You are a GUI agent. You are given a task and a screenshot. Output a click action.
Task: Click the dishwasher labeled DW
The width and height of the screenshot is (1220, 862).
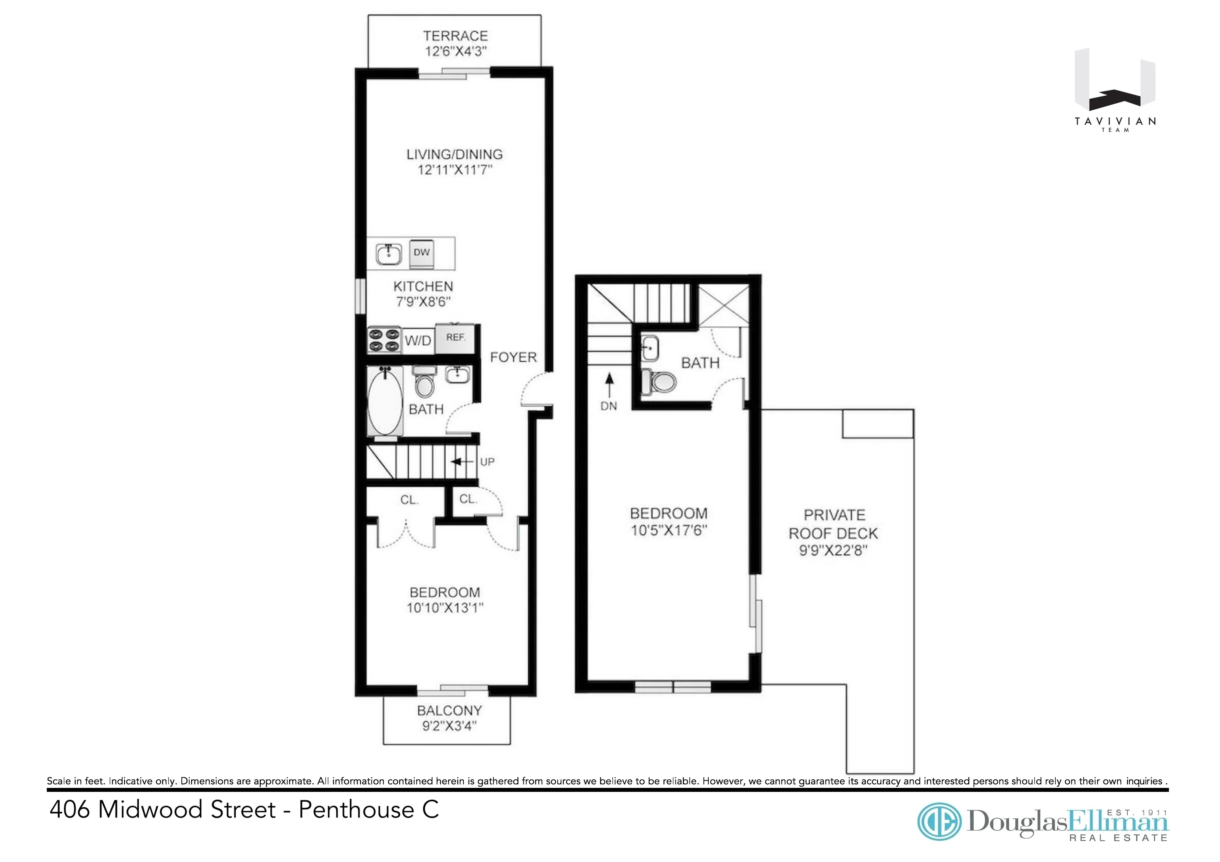[421, 253]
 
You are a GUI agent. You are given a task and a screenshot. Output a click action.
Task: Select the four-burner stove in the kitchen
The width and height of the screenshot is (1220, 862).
[383, 340]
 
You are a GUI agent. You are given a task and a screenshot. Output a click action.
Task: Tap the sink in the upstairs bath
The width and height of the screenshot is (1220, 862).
[649, 349]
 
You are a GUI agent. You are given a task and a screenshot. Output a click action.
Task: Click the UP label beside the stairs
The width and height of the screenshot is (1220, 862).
[487, 462]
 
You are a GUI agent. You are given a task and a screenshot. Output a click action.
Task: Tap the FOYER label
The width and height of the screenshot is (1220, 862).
[513, 357]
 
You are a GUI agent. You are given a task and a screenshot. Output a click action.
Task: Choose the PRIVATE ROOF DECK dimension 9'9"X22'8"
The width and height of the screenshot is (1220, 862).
[833, 550]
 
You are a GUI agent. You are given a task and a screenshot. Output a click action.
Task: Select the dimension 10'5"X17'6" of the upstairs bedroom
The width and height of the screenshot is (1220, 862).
[669, 530]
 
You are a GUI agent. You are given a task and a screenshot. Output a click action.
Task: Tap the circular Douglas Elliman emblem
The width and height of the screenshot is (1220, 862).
[940, 822]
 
